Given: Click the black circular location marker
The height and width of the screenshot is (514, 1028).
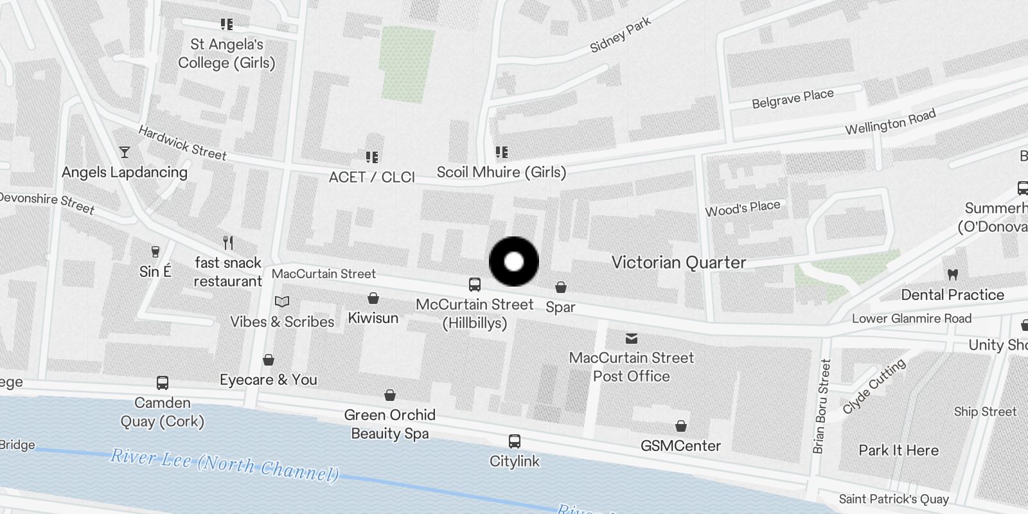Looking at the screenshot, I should click(x=514, y=261).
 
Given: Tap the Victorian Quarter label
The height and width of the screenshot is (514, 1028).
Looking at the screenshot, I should click(x=678, y=262).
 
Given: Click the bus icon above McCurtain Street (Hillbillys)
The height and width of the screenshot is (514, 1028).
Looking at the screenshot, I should click(x=475, y=285).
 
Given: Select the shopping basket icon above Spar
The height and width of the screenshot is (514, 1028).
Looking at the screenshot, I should click(x=561, y=287).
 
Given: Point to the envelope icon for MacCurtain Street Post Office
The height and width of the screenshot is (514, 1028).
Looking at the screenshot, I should click(x=632, y=338).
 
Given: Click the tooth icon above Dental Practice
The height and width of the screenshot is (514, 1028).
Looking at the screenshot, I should click(x=953, y=274).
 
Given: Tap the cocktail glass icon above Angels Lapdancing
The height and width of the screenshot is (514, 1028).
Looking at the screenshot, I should click(x=125, y=152).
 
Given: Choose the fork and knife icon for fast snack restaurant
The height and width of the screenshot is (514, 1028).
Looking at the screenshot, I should click(x=228, y=243).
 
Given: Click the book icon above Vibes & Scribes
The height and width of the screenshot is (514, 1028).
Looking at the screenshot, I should click(x=282, y=301).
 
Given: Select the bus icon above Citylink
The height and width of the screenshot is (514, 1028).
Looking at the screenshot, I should click(x=515, y=441).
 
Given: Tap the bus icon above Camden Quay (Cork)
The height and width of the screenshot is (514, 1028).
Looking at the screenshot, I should click(x=163, y=384).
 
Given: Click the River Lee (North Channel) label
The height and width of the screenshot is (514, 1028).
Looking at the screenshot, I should click(x=224, y=465).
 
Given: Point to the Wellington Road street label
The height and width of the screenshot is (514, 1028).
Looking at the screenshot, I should click(x=890, y=122).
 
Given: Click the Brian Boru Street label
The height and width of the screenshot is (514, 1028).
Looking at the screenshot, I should click(x=822, y=406).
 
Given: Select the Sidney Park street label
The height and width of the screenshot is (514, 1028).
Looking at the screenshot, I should click(x=620, y=34).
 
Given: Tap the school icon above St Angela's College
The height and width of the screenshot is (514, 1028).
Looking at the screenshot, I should click(x=227, y=24).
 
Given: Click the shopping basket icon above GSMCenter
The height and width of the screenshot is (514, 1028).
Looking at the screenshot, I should click(x=681, y=426).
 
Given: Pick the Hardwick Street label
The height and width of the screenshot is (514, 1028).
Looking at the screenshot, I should click(x=182, y=143).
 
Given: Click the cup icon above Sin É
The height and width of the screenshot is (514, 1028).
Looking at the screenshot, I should click(x=155, y=251).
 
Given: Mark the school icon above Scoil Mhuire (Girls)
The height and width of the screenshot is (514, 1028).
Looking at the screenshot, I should click(x=502, y=152).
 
